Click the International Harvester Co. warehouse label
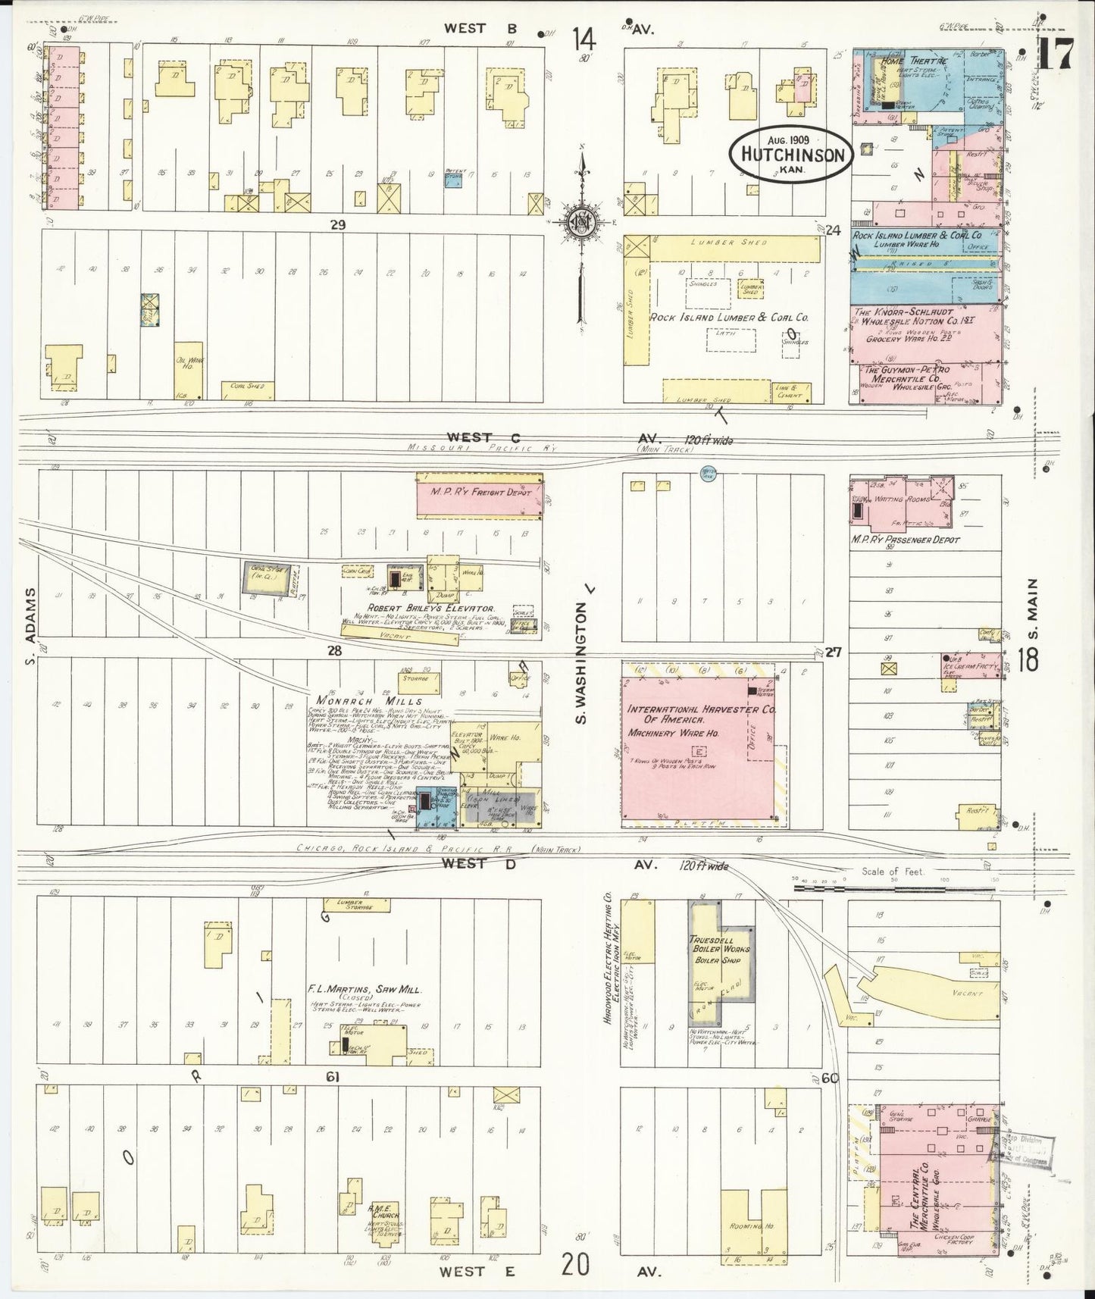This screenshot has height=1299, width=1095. point(690,716)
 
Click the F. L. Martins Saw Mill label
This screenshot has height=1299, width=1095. point(364,990)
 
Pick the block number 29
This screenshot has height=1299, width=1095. point(337,224)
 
